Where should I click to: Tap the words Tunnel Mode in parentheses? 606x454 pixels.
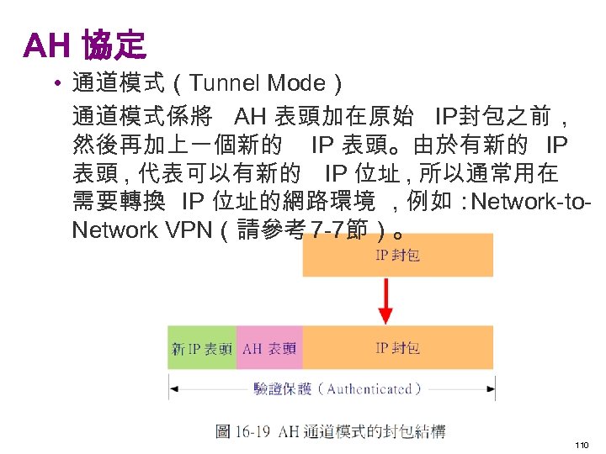pos(258,83)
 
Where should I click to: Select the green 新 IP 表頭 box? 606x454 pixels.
pos(202,347)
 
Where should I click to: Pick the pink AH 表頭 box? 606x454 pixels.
pos(269,347)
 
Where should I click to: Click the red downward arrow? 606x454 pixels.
pos(385,299)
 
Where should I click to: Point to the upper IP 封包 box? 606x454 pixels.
pos(397,255)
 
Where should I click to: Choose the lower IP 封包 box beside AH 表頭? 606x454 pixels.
pos(397,347)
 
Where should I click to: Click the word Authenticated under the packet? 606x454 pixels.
pos(369,388)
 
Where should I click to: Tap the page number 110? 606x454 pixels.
pos(581,443)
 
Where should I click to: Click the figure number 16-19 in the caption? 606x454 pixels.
pos(253,431)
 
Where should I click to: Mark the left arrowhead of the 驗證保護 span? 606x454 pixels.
pos(173,388)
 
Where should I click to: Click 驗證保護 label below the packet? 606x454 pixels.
pos(283,388)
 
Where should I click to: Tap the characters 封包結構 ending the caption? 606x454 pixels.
pos(418,431)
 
